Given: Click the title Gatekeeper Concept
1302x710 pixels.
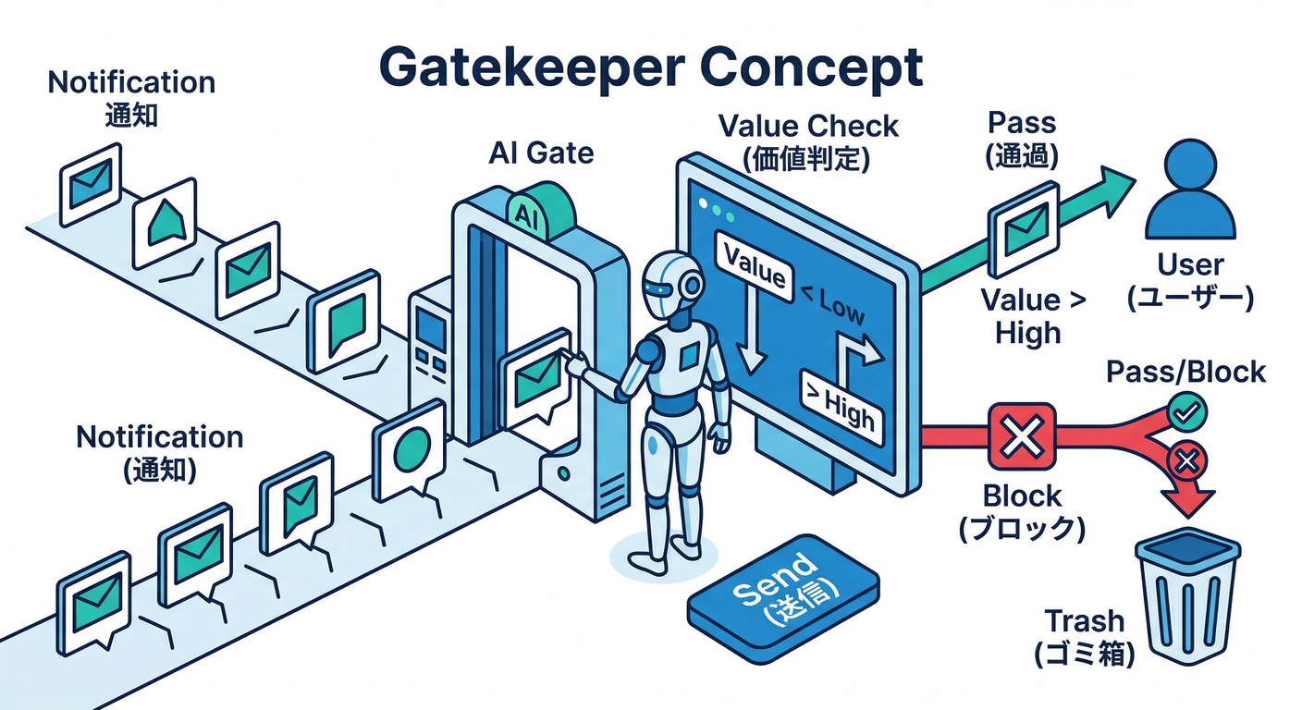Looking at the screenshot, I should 651,67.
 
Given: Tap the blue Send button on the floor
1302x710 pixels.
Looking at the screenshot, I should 782,592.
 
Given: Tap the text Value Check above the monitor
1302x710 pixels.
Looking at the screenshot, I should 807,125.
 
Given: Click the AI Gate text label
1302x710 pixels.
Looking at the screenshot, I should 541,153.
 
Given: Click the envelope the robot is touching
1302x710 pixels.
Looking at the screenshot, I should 534,380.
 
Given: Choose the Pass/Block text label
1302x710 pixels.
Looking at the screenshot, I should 1185,372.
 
